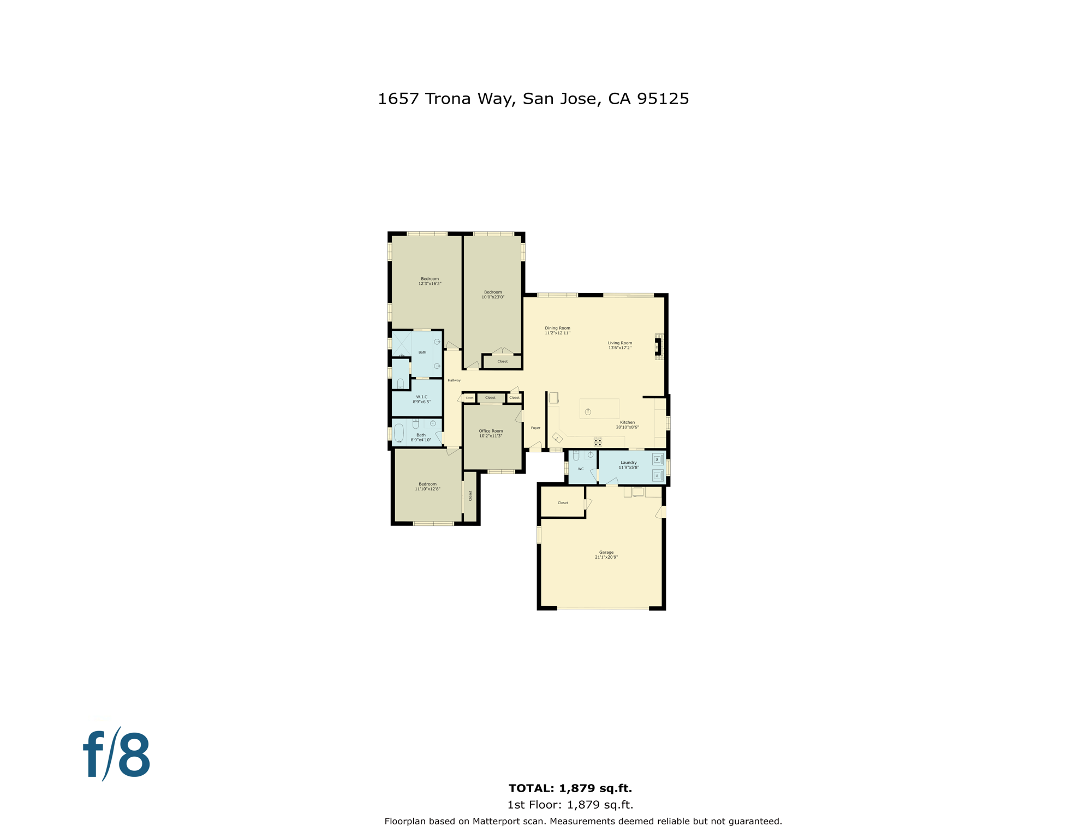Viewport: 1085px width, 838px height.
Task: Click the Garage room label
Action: coord(606,554)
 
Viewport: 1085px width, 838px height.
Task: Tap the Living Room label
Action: coord(619,345)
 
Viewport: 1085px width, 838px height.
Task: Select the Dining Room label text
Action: coord(557,330)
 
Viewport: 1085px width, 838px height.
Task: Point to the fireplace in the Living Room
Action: coord(658,346)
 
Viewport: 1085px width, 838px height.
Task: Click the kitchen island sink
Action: coord(588,412)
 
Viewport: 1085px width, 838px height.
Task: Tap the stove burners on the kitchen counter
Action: coord(598,441)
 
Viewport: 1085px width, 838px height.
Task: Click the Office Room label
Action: coord(491,433)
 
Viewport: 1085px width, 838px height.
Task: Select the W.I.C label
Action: coord(421,399)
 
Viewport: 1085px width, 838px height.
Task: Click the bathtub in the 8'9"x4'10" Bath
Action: coord(399,433)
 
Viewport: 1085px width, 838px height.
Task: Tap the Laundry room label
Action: coord(628,464)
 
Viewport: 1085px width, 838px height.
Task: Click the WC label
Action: coord(580,469)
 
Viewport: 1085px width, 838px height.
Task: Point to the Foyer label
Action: coord(535,428)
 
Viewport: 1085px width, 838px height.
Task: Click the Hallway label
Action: coord(454,380)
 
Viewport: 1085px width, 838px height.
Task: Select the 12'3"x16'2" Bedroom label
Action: coord(430,281)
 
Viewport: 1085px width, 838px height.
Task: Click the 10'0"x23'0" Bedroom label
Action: coord(492,294)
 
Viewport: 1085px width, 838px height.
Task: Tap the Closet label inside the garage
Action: coord(563,502)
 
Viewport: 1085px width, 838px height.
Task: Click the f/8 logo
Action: coord(117,756)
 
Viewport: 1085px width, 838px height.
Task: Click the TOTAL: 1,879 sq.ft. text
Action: coord(570,788)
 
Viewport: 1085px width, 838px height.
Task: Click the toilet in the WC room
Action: coord(576,456)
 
